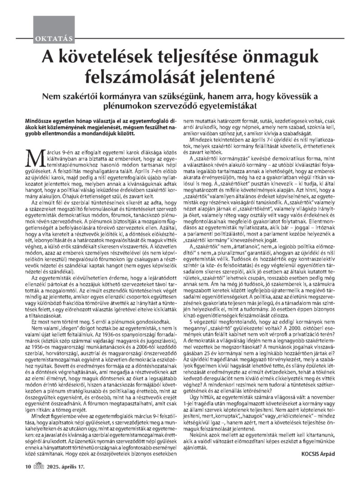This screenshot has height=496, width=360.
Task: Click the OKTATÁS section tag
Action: point(49,39)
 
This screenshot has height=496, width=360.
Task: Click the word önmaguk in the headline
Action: point(280,58)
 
